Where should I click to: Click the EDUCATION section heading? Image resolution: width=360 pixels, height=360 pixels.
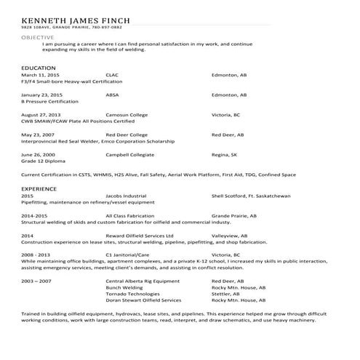[39, 68]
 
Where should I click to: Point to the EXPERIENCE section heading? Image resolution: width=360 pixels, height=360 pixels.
[40, 188]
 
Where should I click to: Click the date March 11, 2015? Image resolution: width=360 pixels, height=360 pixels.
[40, 75]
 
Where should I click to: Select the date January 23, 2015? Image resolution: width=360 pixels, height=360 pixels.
[42, 95]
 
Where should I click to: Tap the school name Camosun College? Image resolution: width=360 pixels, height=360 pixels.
[128, 115]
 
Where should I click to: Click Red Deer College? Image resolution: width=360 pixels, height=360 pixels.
[127, 135]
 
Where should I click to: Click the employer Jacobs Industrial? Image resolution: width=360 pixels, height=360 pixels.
[126, 196]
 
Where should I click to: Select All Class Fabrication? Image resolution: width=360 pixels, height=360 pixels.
[130, 216]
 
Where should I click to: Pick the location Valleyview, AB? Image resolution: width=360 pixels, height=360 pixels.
[230, 236]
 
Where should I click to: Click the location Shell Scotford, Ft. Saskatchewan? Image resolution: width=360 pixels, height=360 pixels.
[251, 196]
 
